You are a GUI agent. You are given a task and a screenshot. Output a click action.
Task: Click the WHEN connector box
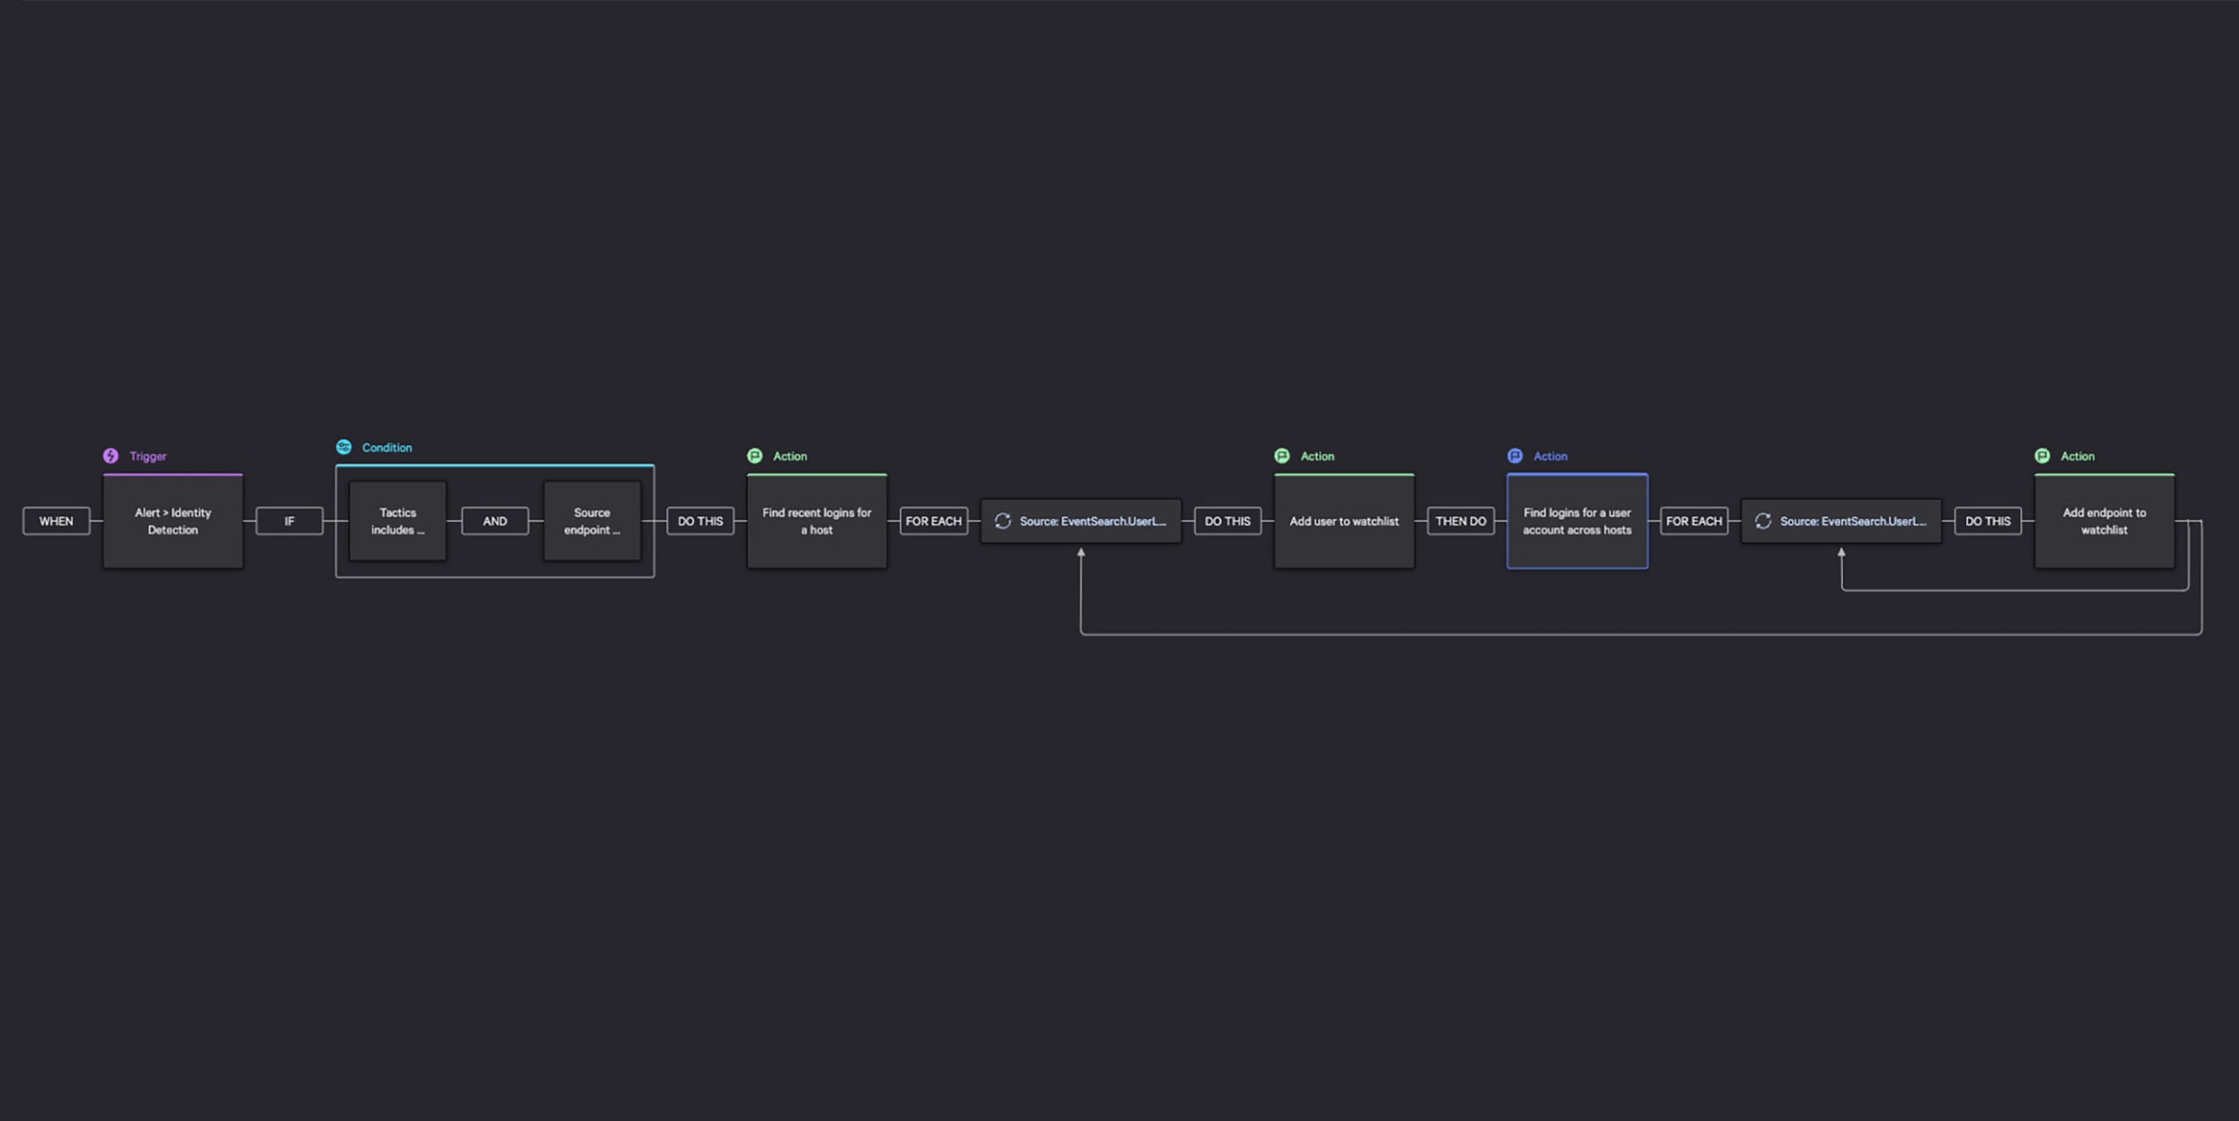coord(56,521)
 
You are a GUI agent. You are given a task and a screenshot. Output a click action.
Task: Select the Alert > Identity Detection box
coord(173,521)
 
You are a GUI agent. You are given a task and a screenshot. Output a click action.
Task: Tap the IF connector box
coord(289,521)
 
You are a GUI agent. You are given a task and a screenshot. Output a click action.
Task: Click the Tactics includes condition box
coord(398,521)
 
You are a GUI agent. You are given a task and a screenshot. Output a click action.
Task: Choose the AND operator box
coord(495,521)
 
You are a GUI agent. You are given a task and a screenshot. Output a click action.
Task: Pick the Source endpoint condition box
coord(592,521)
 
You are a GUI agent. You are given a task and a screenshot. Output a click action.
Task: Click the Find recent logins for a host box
coord(817,521)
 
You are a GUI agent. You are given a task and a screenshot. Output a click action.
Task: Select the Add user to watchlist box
coord(1344,521)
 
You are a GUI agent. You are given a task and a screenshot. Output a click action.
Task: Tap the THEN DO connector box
coord(1461,521)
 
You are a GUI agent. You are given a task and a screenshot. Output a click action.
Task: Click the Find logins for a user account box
coord(1577,521)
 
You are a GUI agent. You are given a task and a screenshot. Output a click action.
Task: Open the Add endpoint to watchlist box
coord(2104,521)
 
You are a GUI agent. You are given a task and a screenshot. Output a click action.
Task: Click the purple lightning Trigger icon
coord(110,456)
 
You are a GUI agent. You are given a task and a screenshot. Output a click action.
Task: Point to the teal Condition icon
coord(344,447)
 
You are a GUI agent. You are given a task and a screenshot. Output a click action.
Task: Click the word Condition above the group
coord(387,448)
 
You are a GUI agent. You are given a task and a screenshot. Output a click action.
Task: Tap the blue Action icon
coord(1515,456)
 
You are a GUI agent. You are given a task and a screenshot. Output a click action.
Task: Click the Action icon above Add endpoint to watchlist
coord(2042,456)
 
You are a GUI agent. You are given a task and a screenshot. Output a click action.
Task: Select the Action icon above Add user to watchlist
coord(1282,456)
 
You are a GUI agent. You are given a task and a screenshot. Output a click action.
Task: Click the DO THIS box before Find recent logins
coord(701,521)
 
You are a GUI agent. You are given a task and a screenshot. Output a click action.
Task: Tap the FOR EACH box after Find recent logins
coord(933,521)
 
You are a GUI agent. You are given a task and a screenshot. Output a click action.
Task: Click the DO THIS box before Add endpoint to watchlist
coord(1988,521)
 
